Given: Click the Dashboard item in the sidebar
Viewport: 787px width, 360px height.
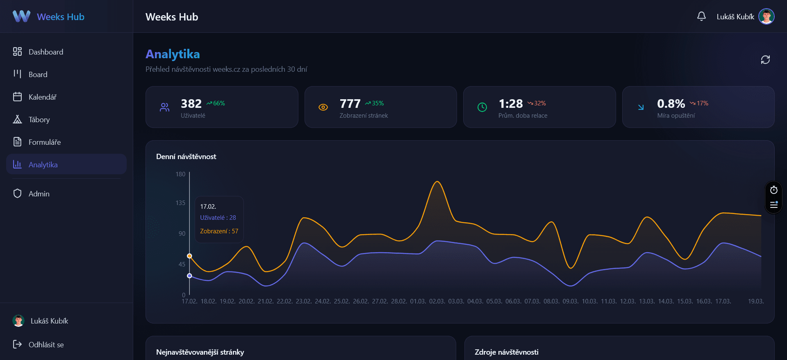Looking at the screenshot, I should pos(45,52).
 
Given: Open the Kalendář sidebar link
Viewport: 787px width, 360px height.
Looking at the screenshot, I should pos(42,97).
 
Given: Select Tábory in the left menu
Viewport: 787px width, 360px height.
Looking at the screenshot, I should pos(39,120).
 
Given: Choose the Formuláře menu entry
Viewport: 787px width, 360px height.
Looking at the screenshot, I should pos(44,142).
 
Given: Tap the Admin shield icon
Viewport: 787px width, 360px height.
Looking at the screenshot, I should pos(17,194).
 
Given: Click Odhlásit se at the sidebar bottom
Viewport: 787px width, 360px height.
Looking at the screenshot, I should pos(45,345).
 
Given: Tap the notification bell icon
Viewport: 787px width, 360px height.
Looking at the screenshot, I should pos(701,16).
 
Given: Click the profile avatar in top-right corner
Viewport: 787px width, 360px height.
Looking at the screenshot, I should pos(766,16).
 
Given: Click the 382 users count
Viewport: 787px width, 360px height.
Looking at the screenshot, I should pos(191,104).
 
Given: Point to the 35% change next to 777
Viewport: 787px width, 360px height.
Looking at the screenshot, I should pos(377,103).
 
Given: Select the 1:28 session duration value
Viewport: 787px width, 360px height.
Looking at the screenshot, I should pos(510,104).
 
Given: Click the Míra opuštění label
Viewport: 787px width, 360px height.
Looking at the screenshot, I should pos(676,116).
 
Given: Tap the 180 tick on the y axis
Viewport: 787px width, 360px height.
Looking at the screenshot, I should pos(180,174).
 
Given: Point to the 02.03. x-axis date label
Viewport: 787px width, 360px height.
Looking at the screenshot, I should pos(437,301).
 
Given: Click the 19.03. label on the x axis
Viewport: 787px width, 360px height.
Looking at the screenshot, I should pos(755,301).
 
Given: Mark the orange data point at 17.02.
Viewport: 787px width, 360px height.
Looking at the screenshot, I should pos(189,256).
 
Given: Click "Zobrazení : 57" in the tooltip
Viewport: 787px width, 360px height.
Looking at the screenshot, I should pos(219,231).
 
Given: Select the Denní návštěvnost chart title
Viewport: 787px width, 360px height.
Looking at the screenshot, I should pos(186,157).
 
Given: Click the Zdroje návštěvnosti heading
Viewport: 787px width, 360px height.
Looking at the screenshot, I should pos(506,352).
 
